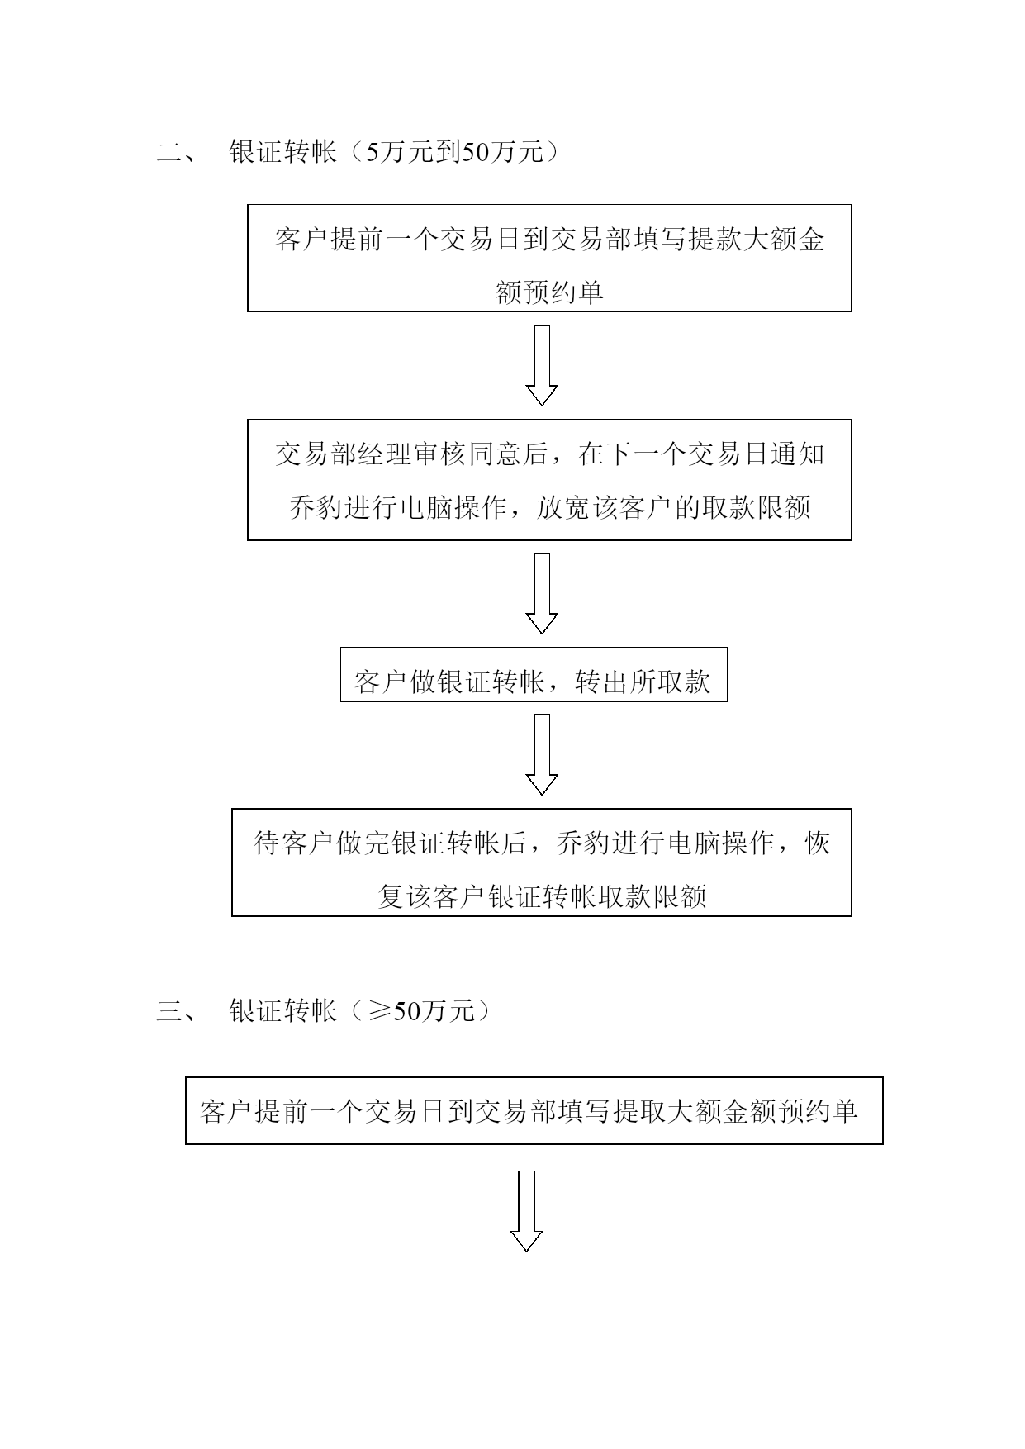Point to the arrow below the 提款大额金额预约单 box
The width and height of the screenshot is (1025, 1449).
point(542,365)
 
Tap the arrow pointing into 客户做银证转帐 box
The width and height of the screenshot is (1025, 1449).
point(542,593)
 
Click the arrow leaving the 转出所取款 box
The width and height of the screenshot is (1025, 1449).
point(542,754)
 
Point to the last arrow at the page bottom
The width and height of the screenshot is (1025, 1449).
point(526,1210)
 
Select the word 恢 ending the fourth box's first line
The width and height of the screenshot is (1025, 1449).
point(817,843)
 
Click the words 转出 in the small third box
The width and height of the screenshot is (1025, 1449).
point(601,682)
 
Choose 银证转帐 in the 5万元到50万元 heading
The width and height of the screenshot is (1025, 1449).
point(282,153)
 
